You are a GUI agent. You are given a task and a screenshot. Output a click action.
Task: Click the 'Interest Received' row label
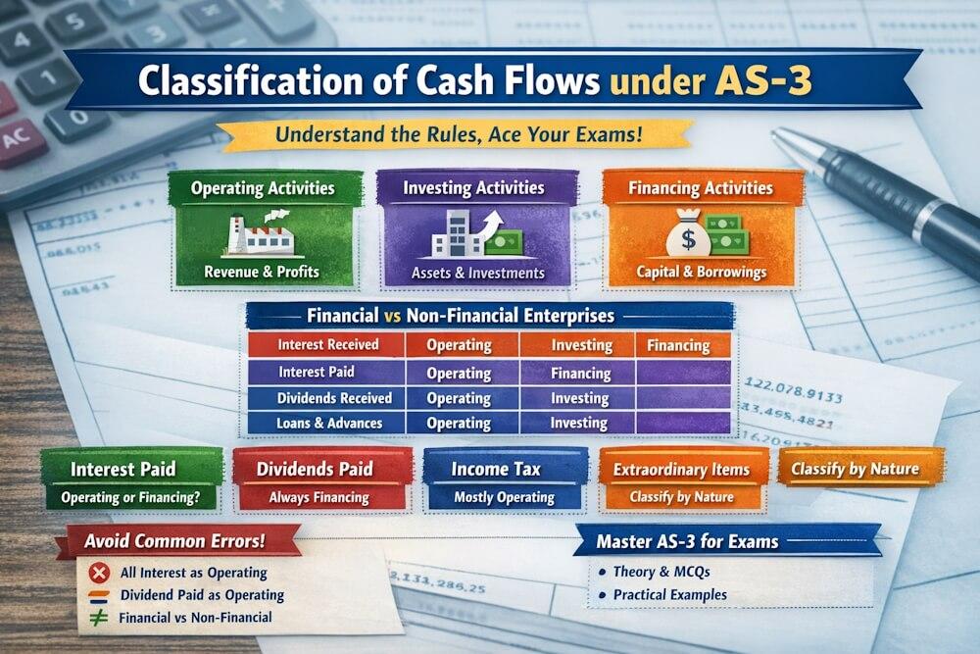click(x=322, y=345)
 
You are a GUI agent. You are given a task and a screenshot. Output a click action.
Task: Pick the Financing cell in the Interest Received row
click(x=678, y=345)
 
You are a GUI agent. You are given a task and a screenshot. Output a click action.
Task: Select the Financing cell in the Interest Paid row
click(x=581, y=373)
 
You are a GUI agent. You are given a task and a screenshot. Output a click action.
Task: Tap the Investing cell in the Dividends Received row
click(x=578, y=398)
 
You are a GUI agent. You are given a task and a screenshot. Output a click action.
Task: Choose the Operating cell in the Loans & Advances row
click(x=459, y=424)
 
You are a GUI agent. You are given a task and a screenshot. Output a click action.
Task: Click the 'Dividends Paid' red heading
click(x=319, y=469)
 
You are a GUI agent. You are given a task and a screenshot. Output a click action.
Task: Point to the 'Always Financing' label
click(x=319, y=498)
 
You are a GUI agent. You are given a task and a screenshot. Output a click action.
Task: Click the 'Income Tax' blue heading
click(x=504, y=469)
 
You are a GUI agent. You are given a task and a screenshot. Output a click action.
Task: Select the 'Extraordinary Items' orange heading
click(x=681, y=470)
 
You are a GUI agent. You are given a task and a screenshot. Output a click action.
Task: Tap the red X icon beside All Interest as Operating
click(x=98, y=573)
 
